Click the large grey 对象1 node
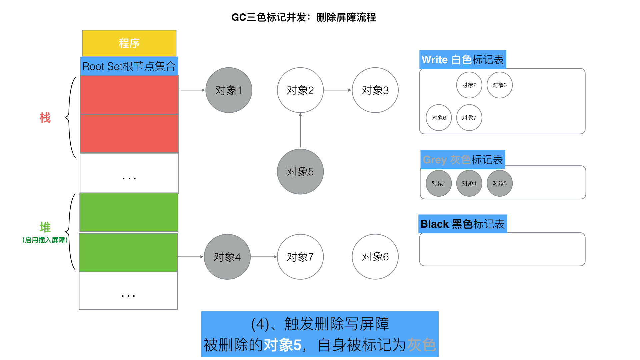click(x=229, y=90)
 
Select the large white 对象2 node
click(x=300, y=90)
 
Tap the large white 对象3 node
click(x=375, y=90)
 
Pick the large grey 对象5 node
click(x=300, y=171)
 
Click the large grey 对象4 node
click(x=227, y=257)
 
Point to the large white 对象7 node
click(x=300, y=257)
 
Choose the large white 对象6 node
click(x=375, y=257)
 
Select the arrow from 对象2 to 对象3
click(x=337, y=90)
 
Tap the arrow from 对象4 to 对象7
click(x=264, y=257)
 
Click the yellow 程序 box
click(x=129, y=43)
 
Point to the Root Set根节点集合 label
click(x=129, y=66)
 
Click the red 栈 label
click(x=45, y=118)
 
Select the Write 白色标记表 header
click(x=462, y=60)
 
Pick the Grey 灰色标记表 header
click(x=462, y=160)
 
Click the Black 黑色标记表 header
click(x=462, y=224)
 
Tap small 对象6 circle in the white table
click(x=439, y=118)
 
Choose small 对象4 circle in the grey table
click(x=469, y=183)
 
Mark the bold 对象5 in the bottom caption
click(x=282, y=345)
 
